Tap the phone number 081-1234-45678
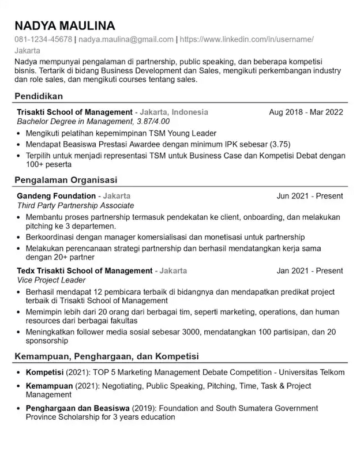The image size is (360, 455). point(43,40)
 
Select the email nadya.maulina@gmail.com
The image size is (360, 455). point(126,40)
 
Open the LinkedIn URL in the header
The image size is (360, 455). point(247,40)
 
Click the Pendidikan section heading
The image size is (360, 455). point(39,96)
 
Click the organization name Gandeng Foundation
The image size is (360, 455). point(56,196)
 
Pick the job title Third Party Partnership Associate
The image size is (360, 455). point(75,205)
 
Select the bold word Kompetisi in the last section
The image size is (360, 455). point(45,372)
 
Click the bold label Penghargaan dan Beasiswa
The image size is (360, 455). point(77,408)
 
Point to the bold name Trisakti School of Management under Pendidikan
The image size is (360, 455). point(74,112)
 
